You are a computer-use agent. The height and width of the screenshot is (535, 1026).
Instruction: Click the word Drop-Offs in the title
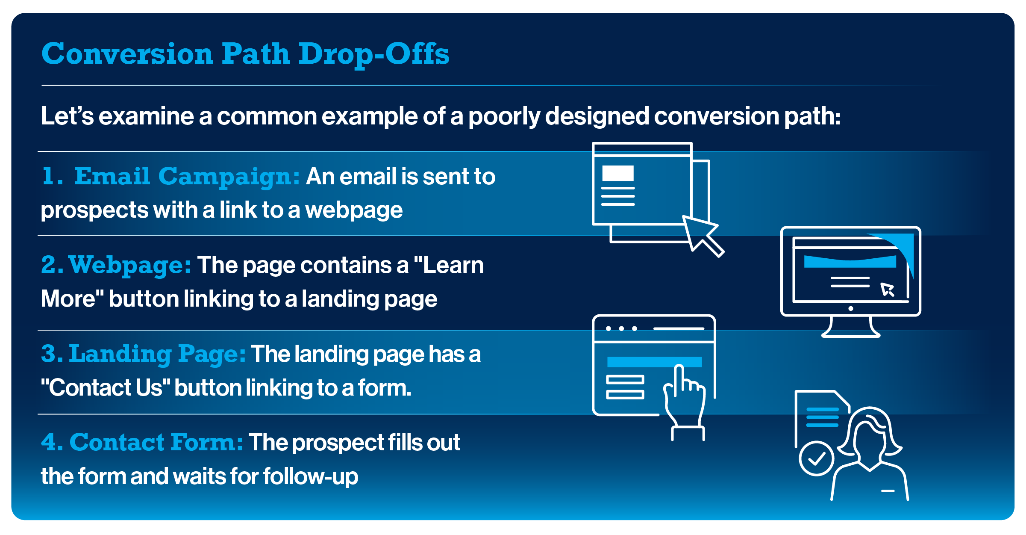point(374,54)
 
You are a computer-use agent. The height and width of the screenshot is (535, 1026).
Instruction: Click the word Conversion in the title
point(127,54)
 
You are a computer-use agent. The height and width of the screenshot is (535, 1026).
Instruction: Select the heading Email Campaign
point(187,176)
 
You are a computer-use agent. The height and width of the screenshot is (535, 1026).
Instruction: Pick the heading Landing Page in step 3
point(157,354)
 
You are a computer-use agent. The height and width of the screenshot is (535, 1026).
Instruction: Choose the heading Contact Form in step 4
point(156,442)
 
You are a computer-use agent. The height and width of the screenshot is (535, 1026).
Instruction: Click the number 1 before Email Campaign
point(51,176)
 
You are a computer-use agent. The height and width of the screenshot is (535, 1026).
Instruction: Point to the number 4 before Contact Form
point(51,442)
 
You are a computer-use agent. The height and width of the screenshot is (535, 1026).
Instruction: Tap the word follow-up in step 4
point(311,476)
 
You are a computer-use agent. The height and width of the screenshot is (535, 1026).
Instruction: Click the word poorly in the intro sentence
point(504,116)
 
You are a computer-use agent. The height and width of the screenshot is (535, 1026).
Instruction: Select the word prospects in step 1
point(94,210)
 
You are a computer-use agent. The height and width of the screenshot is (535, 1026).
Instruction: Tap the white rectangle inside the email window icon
point(617,173)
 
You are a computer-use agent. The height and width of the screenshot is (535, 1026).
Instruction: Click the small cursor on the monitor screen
point(887,290)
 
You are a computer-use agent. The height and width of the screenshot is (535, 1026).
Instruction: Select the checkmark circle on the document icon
point(816,458)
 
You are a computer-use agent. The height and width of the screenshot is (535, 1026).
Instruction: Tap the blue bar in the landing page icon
point(654,362)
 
